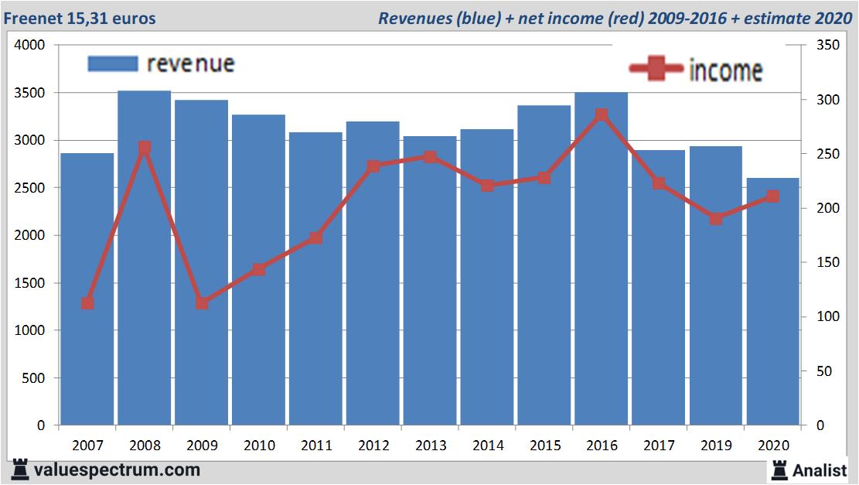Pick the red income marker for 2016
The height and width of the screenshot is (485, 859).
(602, 115)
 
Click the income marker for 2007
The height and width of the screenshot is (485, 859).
(87, 303)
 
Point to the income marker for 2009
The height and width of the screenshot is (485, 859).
(202, 303)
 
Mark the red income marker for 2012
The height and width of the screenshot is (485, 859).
(373, 166)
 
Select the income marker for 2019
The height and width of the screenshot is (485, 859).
(716, 219)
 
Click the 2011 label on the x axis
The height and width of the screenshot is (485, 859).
(316, 446)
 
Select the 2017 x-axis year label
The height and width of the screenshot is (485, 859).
(659, 446)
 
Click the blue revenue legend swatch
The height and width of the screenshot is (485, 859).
(113, 63)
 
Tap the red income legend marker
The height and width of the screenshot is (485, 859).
(656, 70)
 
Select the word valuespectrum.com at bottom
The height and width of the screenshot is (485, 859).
(117, 470)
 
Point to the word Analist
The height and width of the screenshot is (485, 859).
(820, 470)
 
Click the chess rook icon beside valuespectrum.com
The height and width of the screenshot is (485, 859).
(21, 470)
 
